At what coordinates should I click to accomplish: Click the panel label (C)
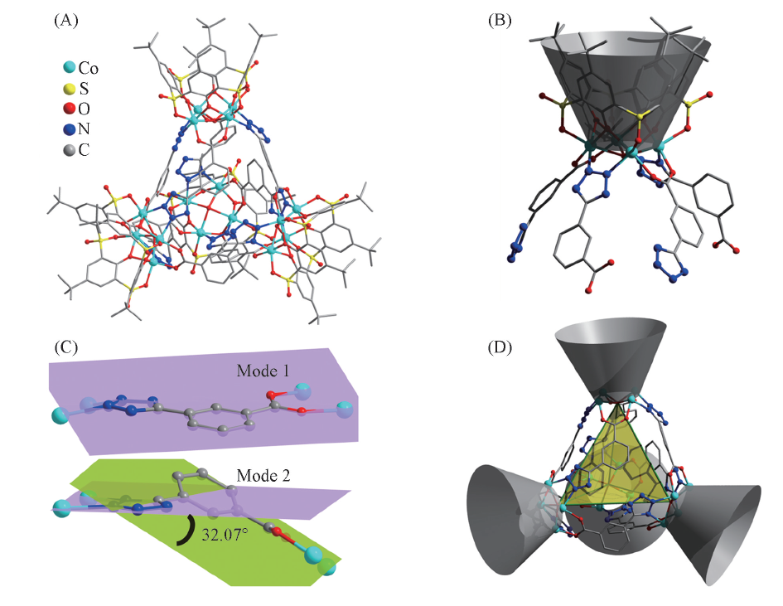coord(65,346)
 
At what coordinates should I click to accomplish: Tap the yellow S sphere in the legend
coord(68,89)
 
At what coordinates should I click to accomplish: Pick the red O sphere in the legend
coord(68,109)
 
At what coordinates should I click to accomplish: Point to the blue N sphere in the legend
coord(68,128)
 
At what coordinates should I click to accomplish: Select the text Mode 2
coord(263,475)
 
